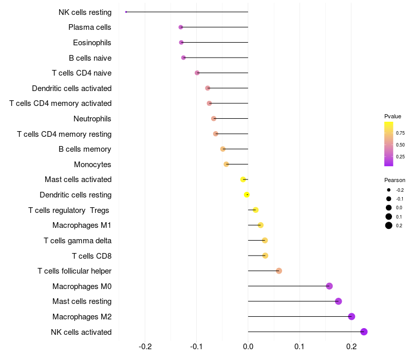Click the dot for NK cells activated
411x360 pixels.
click(364, 332)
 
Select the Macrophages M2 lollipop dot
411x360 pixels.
click(351, 316)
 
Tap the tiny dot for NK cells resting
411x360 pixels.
click(126, 12)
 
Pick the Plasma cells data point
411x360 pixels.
click(181, 27)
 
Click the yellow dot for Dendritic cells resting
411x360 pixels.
click(247, 195)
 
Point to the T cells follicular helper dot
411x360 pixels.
click(279, 271)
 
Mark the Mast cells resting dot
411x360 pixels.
click(339, 301)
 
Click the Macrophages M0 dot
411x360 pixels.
click(329, 286)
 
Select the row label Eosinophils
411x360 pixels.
click(92, 43)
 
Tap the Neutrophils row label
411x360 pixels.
click(92, 119)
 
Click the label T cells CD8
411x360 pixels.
click(92, 256)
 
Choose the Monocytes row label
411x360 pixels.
click(92, 165)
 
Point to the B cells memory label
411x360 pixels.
click(85, 149)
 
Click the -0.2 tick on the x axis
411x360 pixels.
click(145, 347)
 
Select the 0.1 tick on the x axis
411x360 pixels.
click(300, 347)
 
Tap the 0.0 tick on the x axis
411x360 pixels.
click(248, 347)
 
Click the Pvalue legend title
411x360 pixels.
click(393, 116)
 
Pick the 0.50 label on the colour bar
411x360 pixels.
click(400, 145)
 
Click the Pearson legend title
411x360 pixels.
click(395, 180)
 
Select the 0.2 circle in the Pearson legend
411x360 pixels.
click(389, 225)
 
